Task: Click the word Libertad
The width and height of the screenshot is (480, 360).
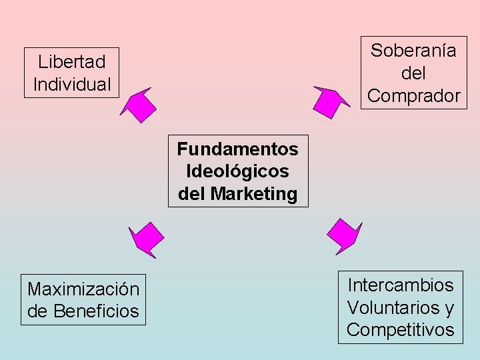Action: [71, 62]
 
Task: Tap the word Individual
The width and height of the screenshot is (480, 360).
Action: [71, 85]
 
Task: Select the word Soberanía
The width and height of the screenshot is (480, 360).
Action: [413, 51]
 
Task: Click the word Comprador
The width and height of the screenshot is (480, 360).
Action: [413, 96]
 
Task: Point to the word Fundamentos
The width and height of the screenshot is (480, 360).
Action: [238, 149]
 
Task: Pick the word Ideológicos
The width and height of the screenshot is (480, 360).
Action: [238, 171]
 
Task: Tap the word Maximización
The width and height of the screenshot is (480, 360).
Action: [83, 289]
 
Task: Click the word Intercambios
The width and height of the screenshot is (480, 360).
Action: [400, 285]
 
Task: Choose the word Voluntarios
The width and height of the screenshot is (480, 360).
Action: [393, 308]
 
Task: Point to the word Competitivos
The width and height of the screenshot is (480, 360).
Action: [400, 330]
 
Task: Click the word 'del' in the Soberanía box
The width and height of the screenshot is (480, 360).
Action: [413, 73]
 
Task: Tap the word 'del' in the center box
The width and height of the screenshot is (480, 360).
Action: [192, 194]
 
